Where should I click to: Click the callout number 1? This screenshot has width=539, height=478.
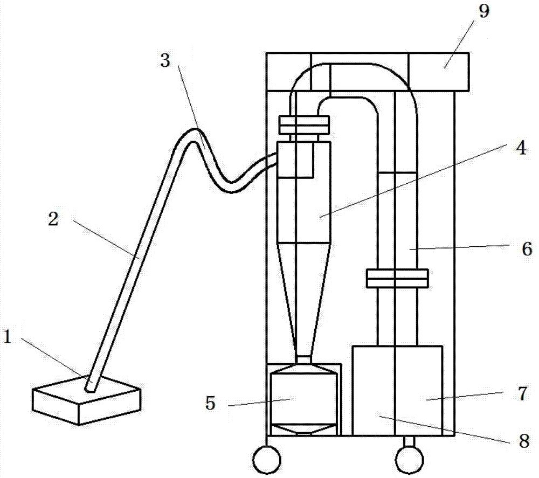(x=7, y=338)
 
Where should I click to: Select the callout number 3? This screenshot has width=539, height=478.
(x=165, y=60)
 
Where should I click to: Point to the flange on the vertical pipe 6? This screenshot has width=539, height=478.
(x=397, y=279)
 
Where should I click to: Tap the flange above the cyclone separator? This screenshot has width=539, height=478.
(x=303, y=126)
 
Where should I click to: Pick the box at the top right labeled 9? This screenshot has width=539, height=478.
(x=438, y=71)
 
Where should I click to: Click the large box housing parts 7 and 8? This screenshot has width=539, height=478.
(x=397, y=390)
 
